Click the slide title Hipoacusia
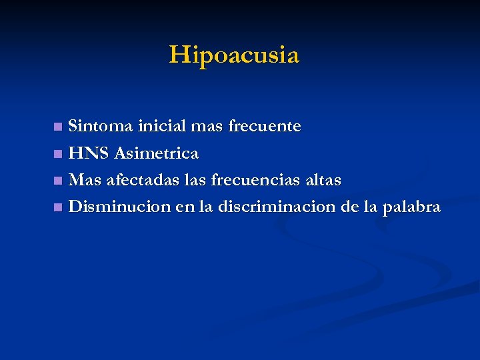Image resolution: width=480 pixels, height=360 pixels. pyautogui.click(x=235, y=55)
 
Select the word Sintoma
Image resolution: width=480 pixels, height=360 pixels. pyautogui.click(x=102, y=125)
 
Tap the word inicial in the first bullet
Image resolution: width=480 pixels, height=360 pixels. pyautogui.click(x=163, y=125)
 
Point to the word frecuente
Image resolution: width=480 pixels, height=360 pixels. pyautogui.click(x=265, y=126)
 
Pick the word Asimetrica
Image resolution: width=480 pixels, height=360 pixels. pyautogui.click(x=157, y=153)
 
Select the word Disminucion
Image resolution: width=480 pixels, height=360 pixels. pyautogui.click(x=120, y=207)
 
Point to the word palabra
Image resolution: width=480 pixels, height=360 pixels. pyautogui.click(x=412, y=208)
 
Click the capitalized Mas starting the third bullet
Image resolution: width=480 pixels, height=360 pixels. pyautogui.click(x=85, y=180)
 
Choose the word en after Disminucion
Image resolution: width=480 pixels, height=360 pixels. pyautogui.click(x=184, y=208)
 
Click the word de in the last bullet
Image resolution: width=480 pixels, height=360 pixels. pyautogui.click(x=349, y=207)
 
